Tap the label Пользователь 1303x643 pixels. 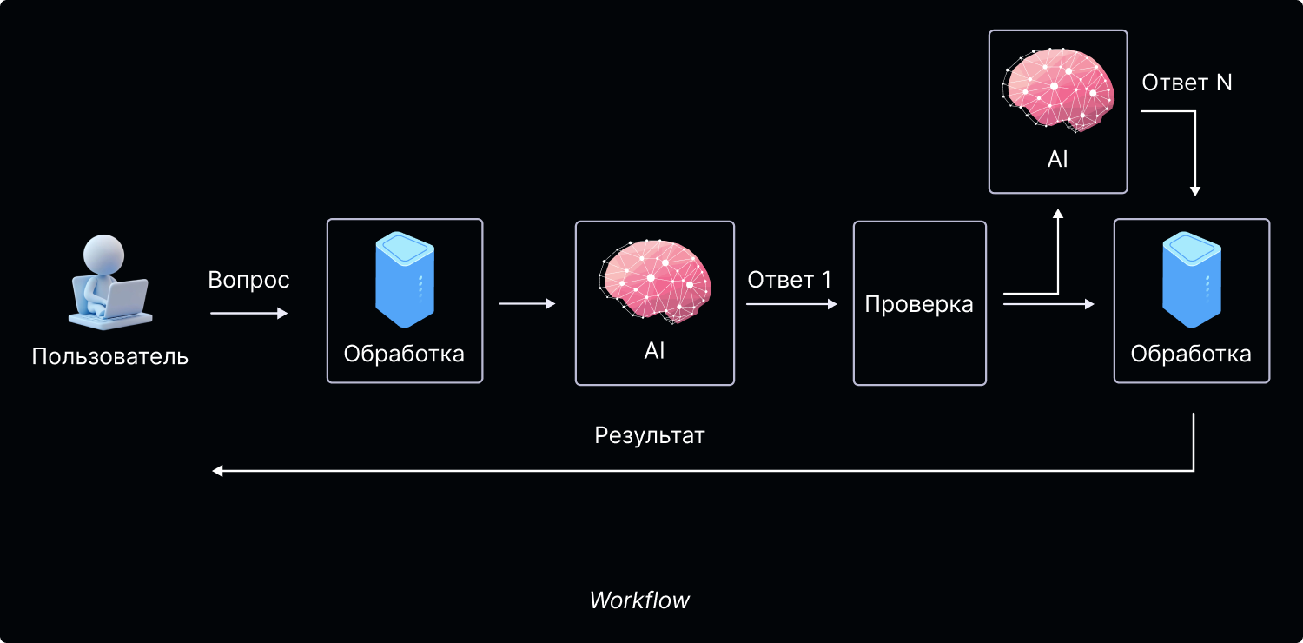point(110,356)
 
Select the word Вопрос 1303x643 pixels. point(248,280)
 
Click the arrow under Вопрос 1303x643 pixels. point(248,314)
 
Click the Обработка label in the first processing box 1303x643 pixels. point(404,354)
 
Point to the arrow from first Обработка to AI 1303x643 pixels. point(527,303)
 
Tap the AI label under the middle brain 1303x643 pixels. point(655,351)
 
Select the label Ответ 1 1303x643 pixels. point(790,280)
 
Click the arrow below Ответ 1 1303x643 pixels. point(791,304)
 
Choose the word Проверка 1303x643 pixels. point(919,304)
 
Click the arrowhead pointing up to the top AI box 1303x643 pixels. point(1057,214)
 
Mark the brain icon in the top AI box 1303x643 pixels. point(1058,88)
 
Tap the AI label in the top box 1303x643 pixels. point(1058,159)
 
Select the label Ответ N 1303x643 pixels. point(1187,83)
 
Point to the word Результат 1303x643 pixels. point(650,435)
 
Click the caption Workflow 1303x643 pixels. point(639,600)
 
